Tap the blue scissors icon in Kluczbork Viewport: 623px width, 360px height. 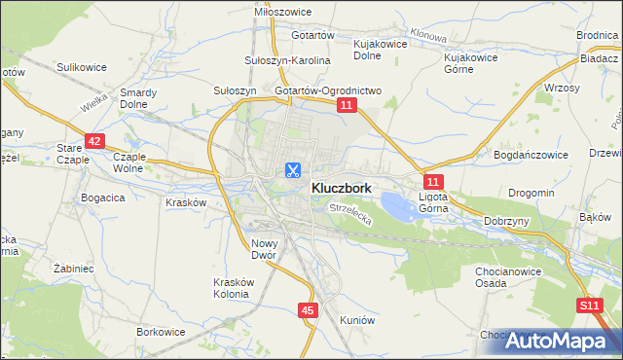pos(291,170)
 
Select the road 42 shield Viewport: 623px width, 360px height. pos(93,141)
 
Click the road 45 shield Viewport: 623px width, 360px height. pos(308,310)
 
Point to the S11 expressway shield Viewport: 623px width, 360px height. pos(588,306)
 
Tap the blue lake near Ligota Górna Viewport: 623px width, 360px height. pos(398,205)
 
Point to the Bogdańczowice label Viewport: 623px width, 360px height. pos(531,155)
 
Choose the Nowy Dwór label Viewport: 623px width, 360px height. pos(265,249)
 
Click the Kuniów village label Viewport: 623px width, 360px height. pos(357,319)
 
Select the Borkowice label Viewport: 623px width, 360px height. pos(161,332)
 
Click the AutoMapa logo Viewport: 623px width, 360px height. pos(558,341)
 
